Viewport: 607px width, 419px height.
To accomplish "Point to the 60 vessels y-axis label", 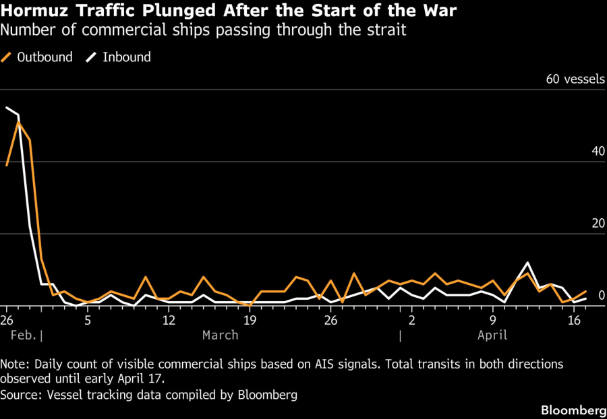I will point(575,79).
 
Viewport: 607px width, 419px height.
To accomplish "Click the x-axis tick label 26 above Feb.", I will point(7,319).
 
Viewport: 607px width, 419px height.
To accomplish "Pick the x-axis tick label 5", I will point(88,319).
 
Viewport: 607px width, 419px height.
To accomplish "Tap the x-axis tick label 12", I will point(169,319).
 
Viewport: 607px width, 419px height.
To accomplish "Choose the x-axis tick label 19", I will point(250,319).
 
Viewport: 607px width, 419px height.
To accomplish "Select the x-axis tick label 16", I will point(575,319).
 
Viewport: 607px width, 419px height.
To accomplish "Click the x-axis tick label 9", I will point(493,319).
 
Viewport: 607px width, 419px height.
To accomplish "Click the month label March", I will point(221,335).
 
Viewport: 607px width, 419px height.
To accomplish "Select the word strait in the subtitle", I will point(386,30).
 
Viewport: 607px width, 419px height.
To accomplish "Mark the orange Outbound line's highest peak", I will point(19,122).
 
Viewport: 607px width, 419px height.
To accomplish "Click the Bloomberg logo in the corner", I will point(573,410).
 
